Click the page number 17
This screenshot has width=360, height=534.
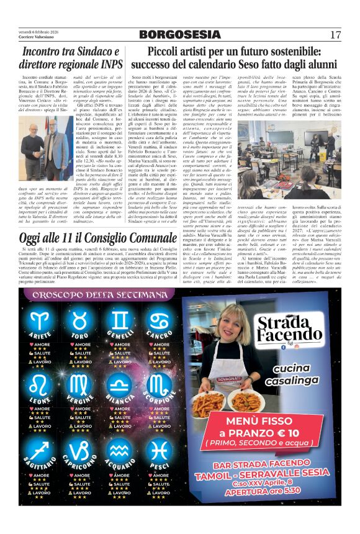tap(336, 34)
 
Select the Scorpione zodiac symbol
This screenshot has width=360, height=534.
tap(160, 386)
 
